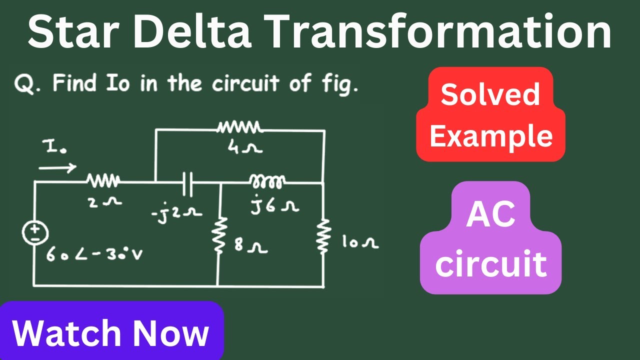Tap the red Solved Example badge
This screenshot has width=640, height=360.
tap(490, 114)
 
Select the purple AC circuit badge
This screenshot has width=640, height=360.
tap(490, 237)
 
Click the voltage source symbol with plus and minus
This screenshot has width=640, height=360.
tap(35, 233)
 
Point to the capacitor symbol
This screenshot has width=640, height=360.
tap(187, 184)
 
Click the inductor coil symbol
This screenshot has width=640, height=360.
tap(267, 181)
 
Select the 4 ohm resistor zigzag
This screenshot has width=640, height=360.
tap(239, 127)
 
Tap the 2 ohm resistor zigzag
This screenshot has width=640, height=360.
tap(103, 180)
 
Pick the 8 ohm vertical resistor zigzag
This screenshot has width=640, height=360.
tap(219, 235)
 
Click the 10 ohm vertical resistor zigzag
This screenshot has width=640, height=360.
tap(323, 236)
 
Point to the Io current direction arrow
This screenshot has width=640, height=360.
tap(57, 167)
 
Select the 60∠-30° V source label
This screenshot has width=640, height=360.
tap(94, 253)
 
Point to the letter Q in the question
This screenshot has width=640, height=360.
tap(24, 83)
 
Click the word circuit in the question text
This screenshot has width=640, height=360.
tap(245, 83)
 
